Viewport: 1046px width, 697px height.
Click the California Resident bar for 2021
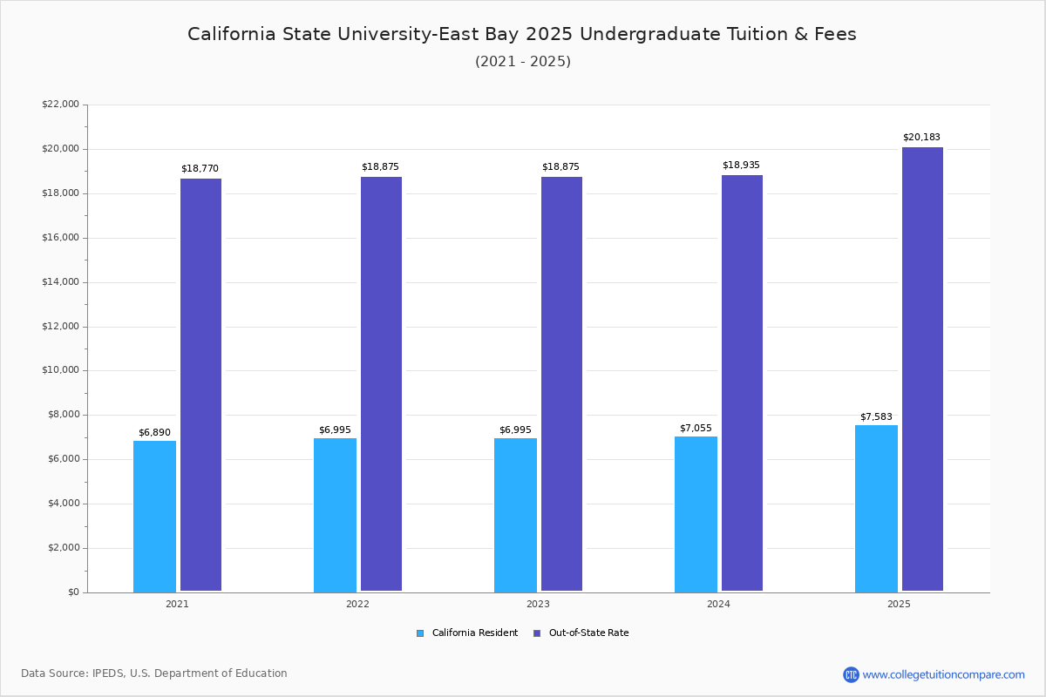[154, 516]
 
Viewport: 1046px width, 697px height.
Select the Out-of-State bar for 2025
[922, 369]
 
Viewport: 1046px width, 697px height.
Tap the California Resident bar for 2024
[696, 514]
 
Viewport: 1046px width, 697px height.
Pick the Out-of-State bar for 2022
[381, 384]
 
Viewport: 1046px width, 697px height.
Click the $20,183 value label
[921, 138]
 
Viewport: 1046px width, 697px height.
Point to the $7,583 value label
[876, 416]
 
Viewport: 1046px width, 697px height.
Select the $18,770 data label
[200, 169]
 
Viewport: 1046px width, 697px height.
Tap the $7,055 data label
[696, 428]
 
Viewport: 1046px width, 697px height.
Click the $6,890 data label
[154, 432]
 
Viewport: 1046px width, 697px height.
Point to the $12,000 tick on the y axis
[60, 327]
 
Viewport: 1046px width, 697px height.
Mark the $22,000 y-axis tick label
[60, 105]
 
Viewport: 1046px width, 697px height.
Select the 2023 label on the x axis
[538, 604]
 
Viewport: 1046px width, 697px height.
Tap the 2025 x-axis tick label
[899, 604]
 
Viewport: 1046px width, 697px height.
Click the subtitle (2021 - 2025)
[523, 62]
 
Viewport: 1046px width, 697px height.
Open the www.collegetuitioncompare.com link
[943, 674]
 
